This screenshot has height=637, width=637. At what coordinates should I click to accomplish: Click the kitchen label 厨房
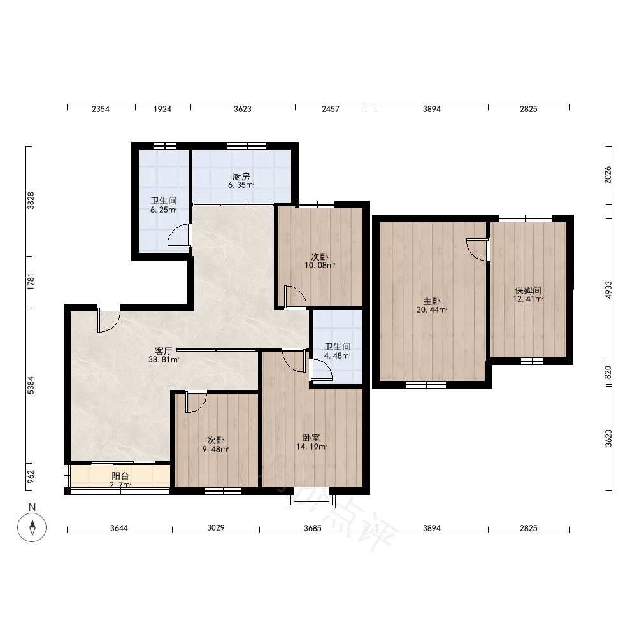point(241,176)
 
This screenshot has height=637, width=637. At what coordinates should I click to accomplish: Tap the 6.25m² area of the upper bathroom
point(163,210)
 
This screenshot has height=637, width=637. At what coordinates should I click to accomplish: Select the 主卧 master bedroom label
point(432,301)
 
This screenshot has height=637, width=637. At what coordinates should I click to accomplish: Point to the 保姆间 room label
point(527,290)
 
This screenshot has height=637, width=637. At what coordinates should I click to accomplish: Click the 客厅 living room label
point(164,350)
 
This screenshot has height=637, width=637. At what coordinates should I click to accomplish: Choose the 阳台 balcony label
point(120,476)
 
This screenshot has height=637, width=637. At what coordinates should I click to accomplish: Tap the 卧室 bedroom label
point(311,438)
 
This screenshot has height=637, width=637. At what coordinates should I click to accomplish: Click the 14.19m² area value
point(311,447)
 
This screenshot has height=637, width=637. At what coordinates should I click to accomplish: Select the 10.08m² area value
point(320,266)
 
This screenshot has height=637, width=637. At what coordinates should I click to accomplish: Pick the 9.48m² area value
point(216,449)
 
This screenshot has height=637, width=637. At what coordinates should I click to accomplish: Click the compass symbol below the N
point(32,527)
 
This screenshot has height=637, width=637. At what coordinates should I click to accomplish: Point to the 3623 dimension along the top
point(243,109)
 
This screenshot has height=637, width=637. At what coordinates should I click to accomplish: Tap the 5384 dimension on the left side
point(31,385)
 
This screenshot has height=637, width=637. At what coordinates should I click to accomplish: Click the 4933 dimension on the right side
point(608,290)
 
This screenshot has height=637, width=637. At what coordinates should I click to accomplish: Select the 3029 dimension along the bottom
point(216,527)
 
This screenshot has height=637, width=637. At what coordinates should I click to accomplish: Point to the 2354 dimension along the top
point(101,109)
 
